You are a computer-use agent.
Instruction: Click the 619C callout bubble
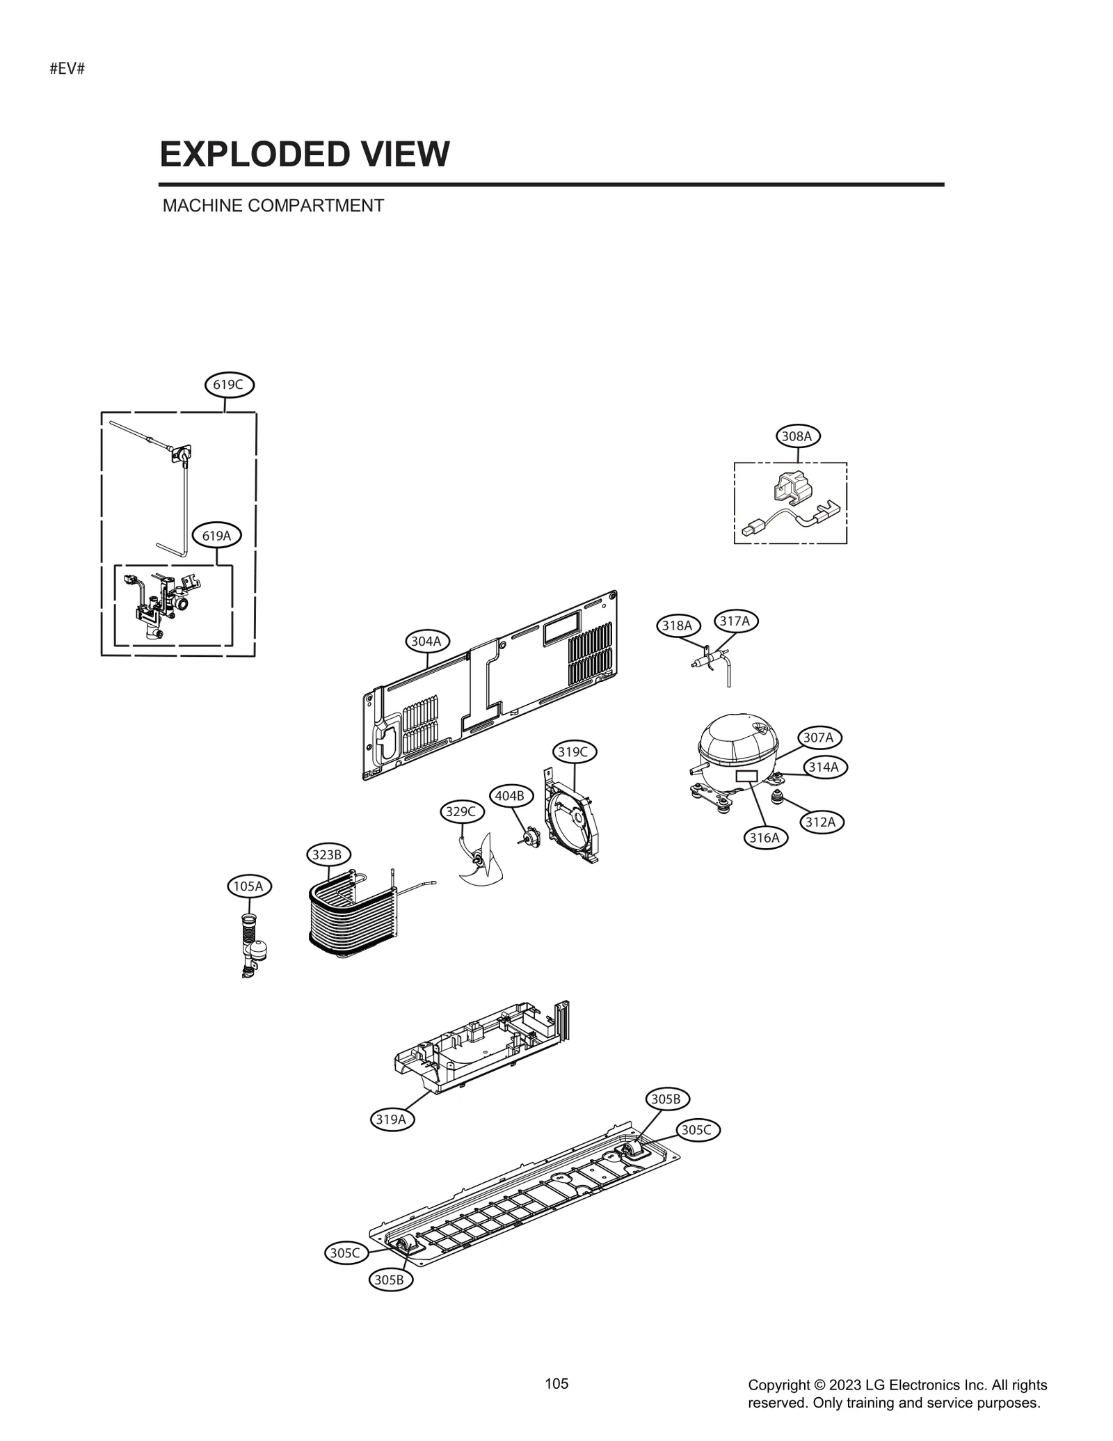[x=229, y=384]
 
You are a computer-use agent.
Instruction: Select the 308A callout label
[x=797, y=436]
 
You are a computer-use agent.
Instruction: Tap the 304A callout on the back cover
[x=426, y=641]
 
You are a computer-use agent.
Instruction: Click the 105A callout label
[x=248, y=886]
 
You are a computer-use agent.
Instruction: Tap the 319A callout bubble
[x=391, y=1119]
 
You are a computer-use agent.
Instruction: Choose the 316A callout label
[x=764, y=837]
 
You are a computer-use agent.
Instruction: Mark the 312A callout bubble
[x=820, y=822]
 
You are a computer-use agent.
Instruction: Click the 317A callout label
[x=735, y=621]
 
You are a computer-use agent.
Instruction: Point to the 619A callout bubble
[x=216, y=535]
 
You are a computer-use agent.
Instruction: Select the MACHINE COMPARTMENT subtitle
[x=273, y=206]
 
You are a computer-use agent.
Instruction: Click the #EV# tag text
[x=67, y=70]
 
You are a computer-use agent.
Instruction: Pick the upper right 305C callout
[x=696, y=1130]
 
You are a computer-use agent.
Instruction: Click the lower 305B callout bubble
[x=390, y=1279]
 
